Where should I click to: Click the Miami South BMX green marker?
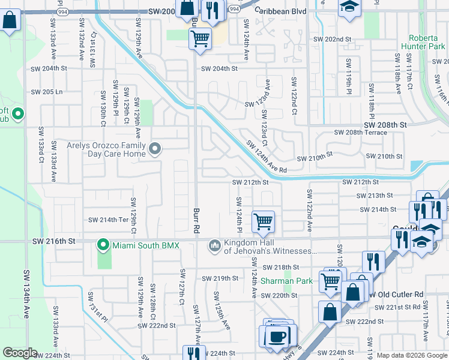(103, 245)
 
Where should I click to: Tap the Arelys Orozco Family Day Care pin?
(155, 148)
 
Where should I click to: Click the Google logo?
(20, 353)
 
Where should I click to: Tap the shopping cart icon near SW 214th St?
(263, 221)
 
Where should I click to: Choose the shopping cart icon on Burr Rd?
(200, 39)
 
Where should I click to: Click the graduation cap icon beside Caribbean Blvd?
(348, 7)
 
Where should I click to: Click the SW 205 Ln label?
(47, 92)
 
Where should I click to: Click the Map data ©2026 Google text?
(412, 355)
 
